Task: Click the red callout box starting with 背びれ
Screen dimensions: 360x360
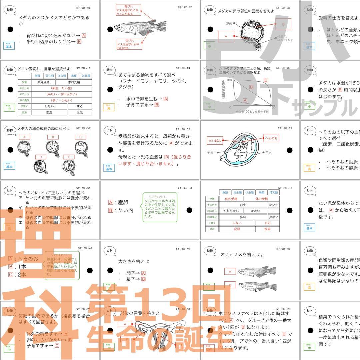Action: click(x=128, y=10)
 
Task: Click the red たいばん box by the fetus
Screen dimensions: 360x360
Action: click(x=215, y=141)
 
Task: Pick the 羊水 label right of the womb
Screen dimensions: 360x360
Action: click(x=269, y=152)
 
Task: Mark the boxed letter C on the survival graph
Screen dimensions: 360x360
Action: click(x=266, y=80)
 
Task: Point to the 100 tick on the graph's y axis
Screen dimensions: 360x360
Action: click(x=229, y=80)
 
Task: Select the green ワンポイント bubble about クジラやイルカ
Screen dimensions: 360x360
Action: click(x=160, y=207)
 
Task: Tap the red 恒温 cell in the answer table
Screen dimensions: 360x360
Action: click(x=267, y=229)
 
